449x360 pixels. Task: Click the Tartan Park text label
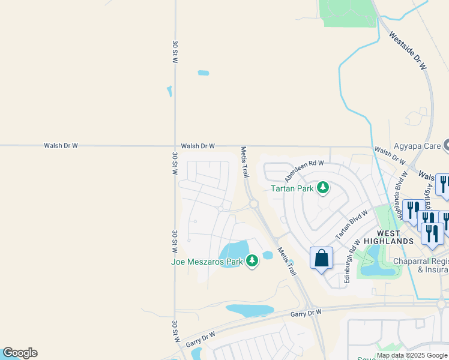click(x=292, y=188)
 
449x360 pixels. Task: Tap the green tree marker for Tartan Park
click(x=323, y=188)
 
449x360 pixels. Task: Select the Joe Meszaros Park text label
click(x=206, y=261)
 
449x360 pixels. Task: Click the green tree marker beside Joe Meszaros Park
click(x=252, y=261)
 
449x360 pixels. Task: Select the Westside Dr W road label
click(x=408, y=52)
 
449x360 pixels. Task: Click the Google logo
click(x=20, y=353)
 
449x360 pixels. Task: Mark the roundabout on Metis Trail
click(x=253, y=204)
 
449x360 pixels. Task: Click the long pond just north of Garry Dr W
click(x=249, y=310)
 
